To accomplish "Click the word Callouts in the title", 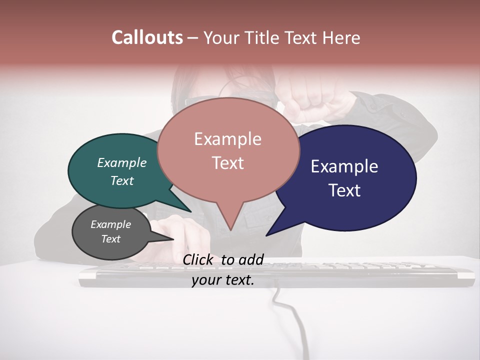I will pyautogui.click(x=147, y=37).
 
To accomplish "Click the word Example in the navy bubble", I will pyautogui.click(x=344, y=166).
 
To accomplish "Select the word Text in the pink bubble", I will pyautogui.click(x=228, y=163).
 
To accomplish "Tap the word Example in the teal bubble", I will pyautogui.click(x=122, y=162).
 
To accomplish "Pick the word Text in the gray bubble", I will pyautogui.click(x=111, y=239).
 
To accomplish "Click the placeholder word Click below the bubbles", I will pyautogui.click(x=199, y=259).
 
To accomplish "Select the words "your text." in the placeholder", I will pyautogui.click(x=223, y=280).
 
